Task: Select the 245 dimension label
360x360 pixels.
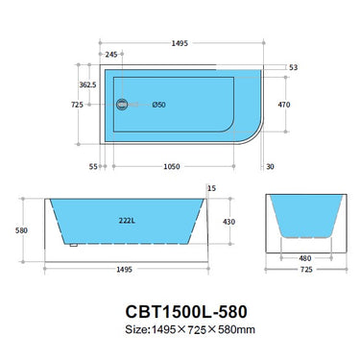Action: tap(112, 55)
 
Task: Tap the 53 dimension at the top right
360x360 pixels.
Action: tap(293, 68)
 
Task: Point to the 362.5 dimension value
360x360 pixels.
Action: tap(87, 84)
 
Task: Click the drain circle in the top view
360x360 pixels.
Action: tap(121, 105)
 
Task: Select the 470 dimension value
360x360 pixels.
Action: tap(283, 104)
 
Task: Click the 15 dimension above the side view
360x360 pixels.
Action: tap(211, 188)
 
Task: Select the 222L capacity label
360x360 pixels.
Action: tap(125, 222)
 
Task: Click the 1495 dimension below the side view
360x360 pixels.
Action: tap(127, 271)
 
